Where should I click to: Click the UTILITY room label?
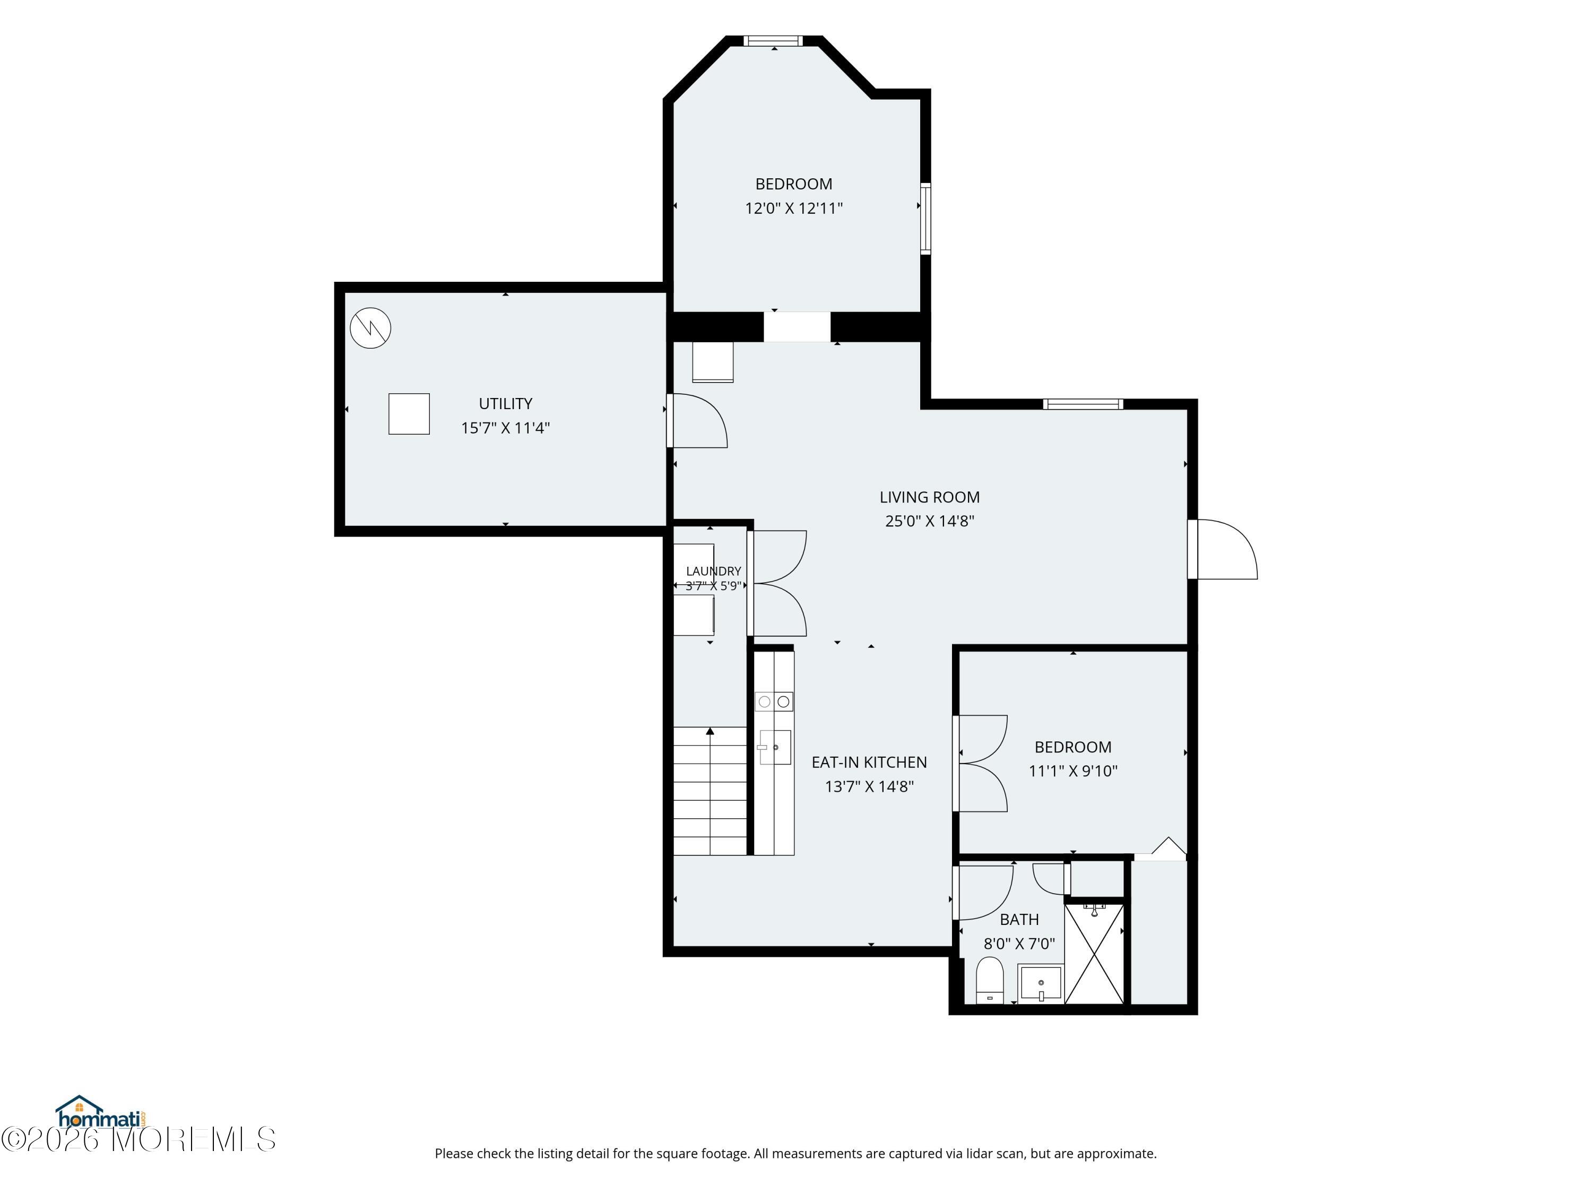coord(505,404)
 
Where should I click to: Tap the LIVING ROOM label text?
coord(929,497)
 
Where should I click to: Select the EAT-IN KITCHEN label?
coord(869,762)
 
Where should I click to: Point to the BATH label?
coord(1019,919)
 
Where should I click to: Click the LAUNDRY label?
coord(713,570)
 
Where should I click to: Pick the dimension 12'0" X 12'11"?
coord(793,208)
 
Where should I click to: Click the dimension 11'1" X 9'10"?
coord(1072,771)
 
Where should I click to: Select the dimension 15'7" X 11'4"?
coord(505,428)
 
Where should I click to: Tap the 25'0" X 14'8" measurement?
coord(929,521)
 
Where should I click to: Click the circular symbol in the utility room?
coord(370,328)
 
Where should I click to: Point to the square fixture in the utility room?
coord(409,414)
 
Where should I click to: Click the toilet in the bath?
coord(990,980)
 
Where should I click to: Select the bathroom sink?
coord(1041,983)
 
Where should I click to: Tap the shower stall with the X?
coord(1094,954)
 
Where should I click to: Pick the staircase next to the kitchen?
coord(711,791)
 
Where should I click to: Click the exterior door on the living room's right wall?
coord(1223,549)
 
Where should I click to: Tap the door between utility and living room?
coord(697,421)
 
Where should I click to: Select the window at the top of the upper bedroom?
coord(773,40)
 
